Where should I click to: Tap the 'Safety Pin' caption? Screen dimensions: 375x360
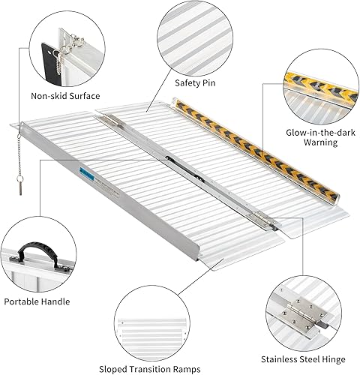(193, 83)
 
